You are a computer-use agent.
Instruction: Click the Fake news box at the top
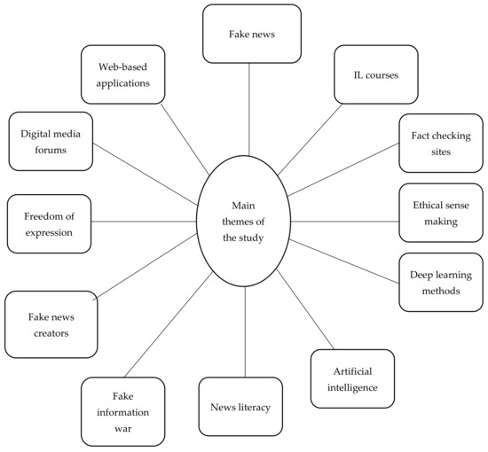(x=249, y=34)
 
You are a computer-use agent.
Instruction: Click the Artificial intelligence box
(x=352, y=378)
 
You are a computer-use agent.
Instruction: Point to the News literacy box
(x=240, y=407)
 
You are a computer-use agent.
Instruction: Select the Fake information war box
(x=123, y=411)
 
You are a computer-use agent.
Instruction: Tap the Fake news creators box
(x=51, y=323)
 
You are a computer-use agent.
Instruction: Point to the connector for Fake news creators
(x=147, y=269)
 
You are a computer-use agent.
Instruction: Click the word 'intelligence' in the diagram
(x=352, y=387)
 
